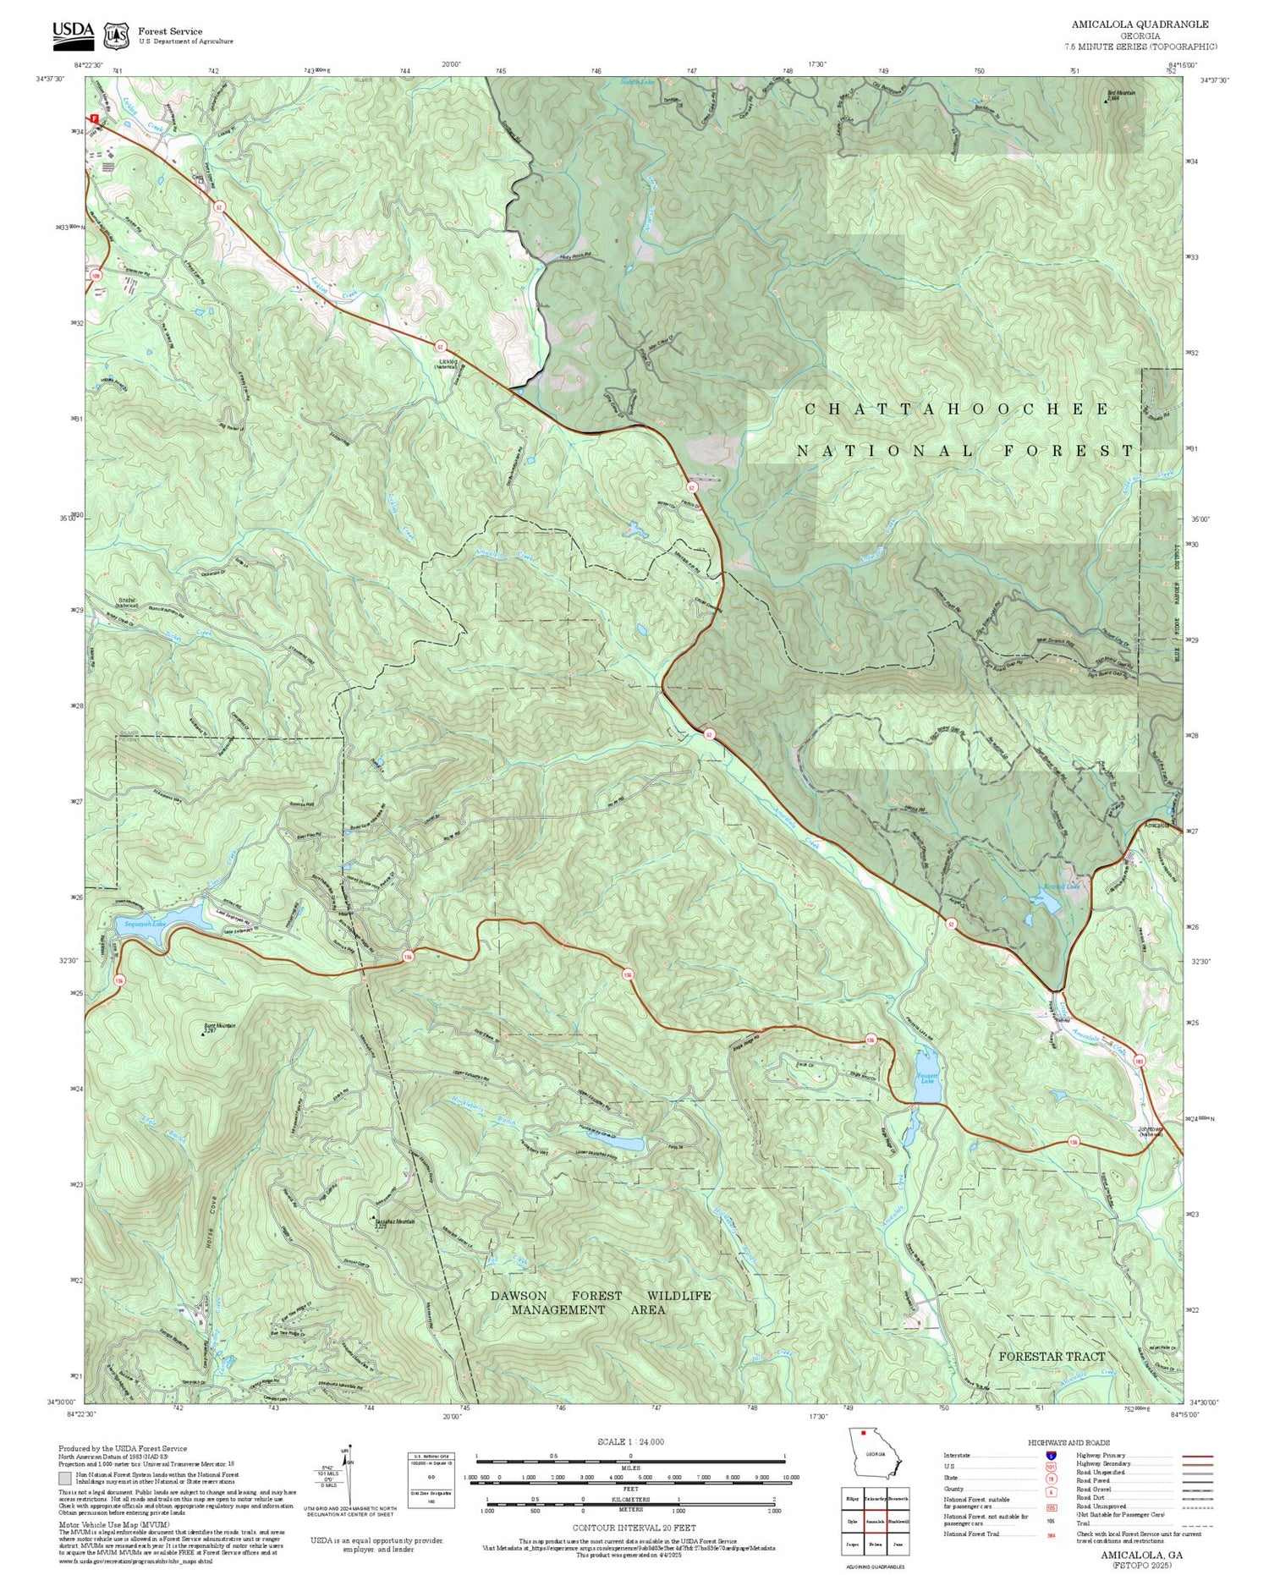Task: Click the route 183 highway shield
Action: click(x=1140, y=1061)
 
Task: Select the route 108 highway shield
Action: click(x=96, y=276)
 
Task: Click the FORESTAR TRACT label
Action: click(x=1052, y=1357)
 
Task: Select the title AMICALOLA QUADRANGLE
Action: click(x=1140, y=25)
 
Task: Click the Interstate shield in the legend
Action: click(x=1052, y=1456)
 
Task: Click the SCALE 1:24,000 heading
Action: click(x=630, y=1441)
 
